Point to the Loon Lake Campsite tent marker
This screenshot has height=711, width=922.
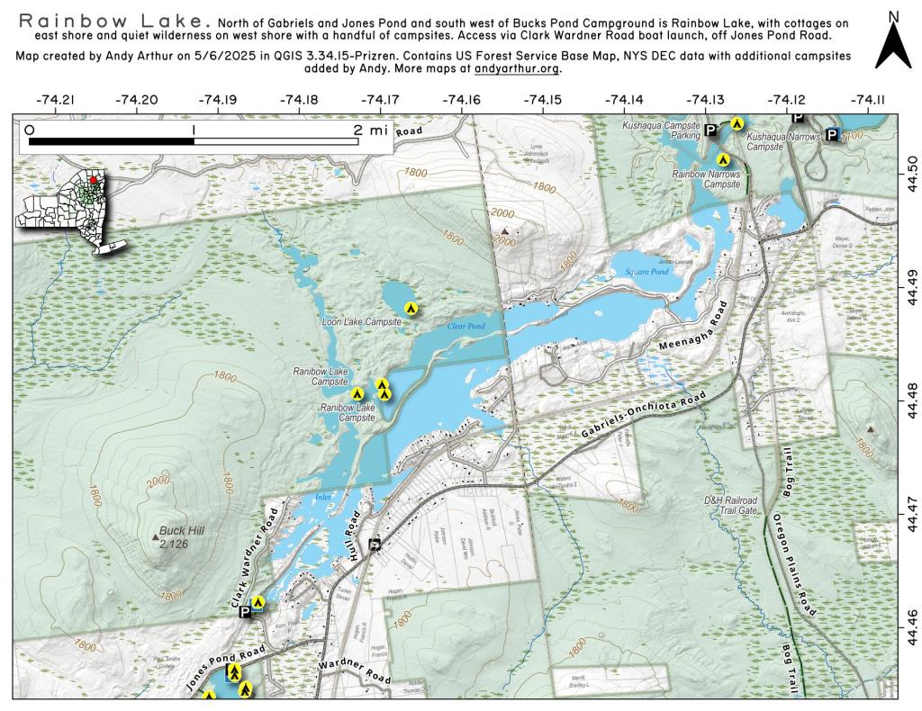(411, 309)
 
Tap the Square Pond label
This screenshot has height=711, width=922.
(646, 271)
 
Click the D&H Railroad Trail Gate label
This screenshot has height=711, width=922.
(730, 505)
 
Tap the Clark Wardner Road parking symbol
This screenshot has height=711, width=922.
(245, 612)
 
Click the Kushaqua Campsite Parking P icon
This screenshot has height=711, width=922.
(710, 131)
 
